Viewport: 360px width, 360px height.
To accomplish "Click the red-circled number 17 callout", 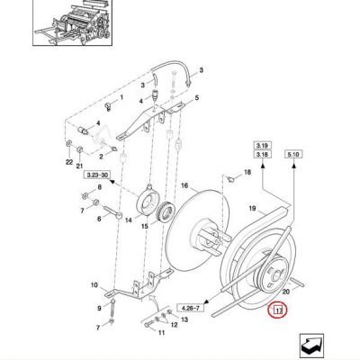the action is [278, 310].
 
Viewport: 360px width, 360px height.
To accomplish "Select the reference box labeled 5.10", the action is [293, 155].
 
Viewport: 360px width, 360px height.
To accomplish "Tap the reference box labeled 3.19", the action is [262, 146].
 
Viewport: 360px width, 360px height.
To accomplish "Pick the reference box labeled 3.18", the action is [262, 155].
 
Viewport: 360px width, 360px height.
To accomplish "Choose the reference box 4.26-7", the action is [191, 308].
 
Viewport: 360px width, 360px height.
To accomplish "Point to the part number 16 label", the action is [184, 186].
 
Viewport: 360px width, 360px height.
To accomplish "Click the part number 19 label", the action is [252, 208].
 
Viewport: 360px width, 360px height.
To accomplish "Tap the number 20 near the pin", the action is [286, 292].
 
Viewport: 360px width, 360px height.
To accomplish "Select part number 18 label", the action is [247, 173].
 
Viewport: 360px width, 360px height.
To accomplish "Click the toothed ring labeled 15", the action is [163, 212].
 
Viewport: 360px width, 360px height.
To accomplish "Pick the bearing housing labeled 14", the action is [148, 200].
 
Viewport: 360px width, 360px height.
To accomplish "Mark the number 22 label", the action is [69, 162].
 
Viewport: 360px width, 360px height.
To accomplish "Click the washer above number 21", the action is [80, 149].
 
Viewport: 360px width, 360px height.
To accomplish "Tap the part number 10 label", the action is [94, 284].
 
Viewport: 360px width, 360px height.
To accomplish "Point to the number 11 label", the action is [162, 333].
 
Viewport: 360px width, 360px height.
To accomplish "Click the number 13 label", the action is [184, 319].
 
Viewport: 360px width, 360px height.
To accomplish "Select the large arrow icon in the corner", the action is [311, 346].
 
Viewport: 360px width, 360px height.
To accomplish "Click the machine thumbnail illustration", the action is [72, 22].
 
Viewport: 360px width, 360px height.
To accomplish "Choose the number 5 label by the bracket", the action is [197, 98].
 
